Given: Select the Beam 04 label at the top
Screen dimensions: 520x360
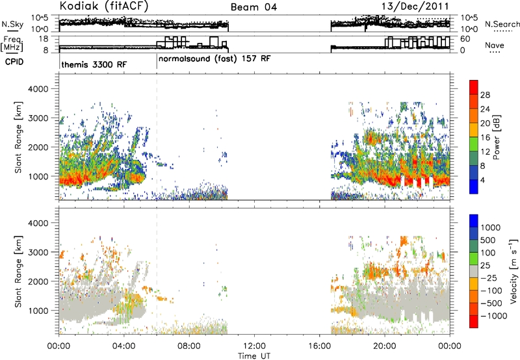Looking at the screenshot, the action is tap(253, 7).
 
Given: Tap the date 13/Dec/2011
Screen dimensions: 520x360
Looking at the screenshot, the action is tap(415, 6).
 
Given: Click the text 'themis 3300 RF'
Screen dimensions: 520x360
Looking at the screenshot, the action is tap(94, 64).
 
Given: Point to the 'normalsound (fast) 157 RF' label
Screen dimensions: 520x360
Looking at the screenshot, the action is tap(214, 59).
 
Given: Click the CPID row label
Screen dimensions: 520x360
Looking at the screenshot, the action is tap(14, 62).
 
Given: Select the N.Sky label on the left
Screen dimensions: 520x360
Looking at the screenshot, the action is tap(12, 24).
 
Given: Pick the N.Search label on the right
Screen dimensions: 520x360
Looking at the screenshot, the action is tap(502, 24).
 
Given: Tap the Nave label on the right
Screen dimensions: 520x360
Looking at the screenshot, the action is tap(495, 45).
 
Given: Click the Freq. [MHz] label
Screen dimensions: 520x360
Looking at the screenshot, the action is tap(13, 44).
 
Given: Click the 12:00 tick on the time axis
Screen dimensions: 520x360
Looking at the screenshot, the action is tap(254, 346).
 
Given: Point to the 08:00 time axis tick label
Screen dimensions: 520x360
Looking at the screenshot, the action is tap(189, 346).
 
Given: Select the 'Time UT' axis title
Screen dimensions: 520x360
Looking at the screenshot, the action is tap(254, 356).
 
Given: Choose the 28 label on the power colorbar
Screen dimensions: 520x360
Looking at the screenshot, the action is tap(485, 95).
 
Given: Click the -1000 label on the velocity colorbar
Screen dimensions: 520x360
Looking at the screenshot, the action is tap(494, 316).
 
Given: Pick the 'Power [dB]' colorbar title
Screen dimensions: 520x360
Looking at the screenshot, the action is tap(496, 137).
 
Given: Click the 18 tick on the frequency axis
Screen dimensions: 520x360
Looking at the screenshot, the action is tap(43, 39).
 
